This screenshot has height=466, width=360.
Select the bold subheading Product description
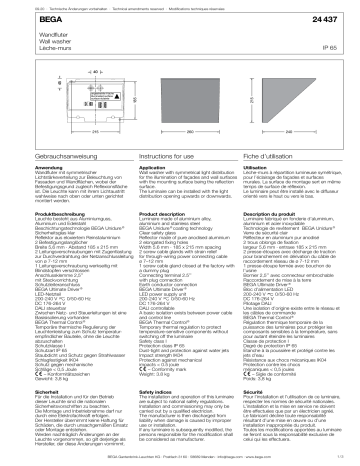[x=155, y=214]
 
